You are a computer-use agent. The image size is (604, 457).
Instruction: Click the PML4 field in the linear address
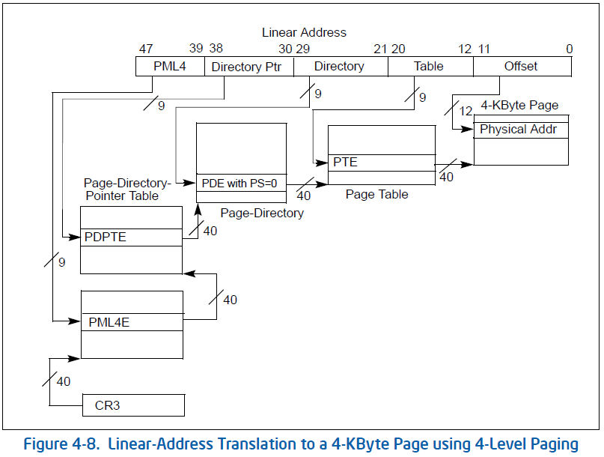(170, 67)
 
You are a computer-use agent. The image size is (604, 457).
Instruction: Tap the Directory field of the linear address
(340, 67)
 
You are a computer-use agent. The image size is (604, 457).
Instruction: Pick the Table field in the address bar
(430, 67)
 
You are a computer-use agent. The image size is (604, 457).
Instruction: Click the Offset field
(521, 67)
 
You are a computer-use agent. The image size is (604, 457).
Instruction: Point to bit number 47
(146, 49)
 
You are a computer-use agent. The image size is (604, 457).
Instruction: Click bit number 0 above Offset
(569, 49)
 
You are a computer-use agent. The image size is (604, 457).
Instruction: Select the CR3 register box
(132, 406)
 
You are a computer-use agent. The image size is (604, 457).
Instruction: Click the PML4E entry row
(132, 322)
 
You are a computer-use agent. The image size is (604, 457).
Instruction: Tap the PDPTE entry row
(131, 237)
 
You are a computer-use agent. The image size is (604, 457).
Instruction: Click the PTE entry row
(381, 163)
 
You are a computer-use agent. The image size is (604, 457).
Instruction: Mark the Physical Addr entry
(522, 130)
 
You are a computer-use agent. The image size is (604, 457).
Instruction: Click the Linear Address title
(304, 32)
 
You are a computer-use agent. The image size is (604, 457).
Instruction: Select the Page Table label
(377, 194)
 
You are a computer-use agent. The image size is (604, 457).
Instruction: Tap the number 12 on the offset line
(466, 111)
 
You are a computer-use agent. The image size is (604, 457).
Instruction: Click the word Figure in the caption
(47, 444)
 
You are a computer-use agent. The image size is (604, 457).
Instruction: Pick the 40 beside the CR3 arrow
(64, 382)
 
